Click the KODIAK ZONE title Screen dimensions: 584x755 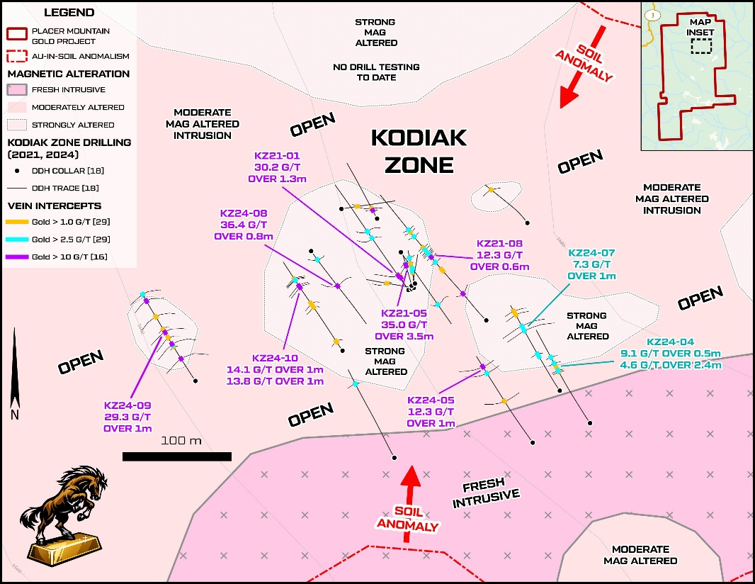(x=419, y=151)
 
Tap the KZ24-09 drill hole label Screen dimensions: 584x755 (x=127, y=416)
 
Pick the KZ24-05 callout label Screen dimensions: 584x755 (x=431, y=411)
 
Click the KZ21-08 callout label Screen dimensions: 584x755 (x=499, y=254)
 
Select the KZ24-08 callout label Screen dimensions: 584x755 (x=243, y=224)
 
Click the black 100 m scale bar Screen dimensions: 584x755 (x=177, y=456)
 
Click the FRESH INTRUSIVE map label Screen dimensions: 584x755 (x=486, y=494)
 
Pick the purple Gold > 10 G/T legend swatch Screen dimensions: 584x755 (x=17, y=257)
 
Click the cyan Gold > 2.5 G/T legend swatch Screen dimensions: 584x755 (x=17, y=240)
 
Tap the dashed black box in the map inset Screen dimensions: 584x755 (x=701, y=46)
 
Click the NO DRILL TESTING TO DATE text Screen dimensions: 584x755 (x=376, y=72)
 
